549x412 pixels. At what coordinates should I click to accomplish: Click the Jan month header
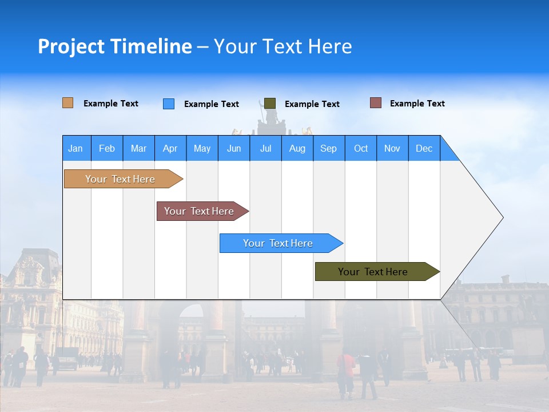coord(75,148)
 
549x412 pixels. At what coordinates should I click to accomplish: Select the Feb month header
coord(107,148)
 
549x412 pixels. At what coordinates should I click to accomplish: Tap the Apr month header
coord(170,148)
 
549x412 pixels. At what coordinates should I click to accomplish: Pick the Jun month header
coord(234,148)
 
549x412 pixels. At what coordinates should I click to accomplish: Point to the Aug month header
coord(297,148)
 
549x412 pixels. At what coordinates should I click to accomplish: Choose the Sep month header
coord(328,148)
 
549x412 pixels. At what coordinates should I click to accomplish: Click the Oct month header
coord(361,148)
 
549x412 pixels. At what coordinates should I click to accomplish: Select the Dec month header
coord(424,148)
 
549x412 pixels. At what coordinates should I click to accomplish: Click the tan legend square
coord(67,103)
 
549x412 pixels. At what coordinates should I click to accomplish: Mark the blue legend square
coord(169,104)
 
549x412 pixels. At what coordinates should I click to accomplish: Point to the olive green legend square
coord(270,103)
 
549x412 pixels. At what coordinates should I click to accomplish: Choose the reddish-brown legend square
coord(376,103)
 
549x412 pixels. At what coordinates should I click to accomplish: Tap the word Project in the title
coord(71,47)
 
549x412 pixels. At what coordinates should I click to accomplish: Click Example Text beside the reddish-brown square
coord(417,104)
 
